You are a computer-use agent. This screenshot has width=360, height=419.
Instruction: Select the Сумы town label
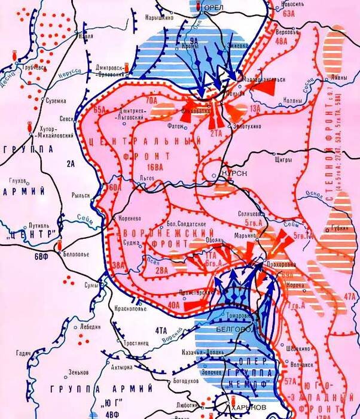point(90,284)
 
